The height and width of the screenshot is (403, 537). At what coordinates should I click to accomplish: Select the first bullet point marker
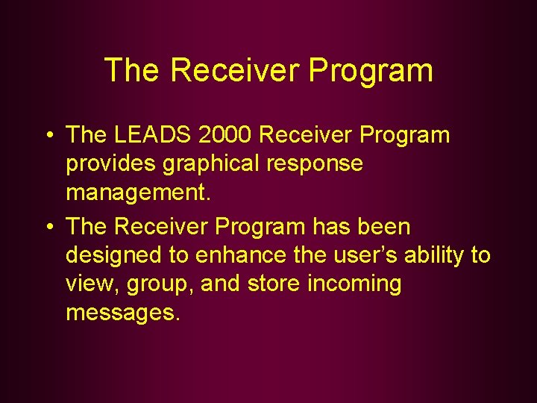coord(47,136)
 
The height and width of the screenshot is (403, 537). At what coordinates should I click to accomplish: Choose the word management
coord(139,193)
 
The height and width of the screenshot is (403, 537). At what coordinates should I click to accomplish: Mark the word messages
coord(122,313)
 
